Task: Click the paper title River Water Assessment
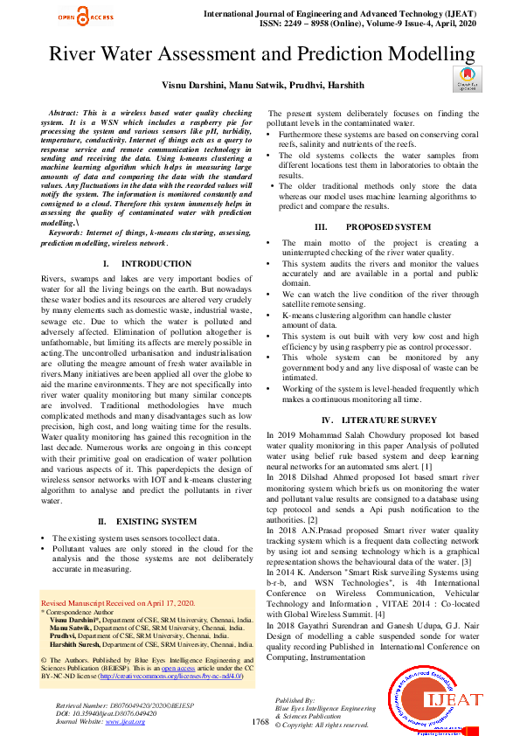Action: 260,54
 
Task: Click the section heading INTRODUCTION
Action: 144,263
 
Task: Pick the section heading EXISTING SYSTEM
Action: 145,521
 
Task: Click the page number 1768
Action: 260,722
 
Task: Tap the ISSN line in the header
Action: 364,25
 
